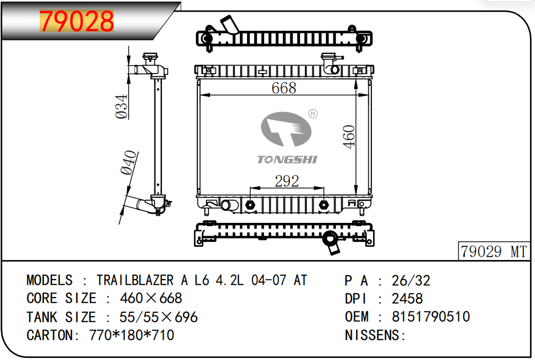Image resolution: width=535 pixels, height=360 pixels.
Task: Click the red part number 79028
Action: (x=77, y=21)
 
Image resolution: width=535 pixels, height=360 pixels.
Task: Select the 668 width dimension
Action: (x=284, y=88)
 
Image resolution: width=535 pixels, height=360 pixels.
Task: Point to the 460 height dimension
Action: (x=349, y=137)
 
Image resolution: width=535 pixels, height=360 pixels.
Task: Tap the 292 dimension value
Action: (x=287, y=181)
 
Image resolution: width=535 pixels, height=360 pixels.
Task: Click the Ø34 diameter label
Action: (x=122, y=106)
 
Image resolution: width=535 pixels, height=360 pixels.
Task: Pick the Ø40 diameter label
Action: (x=129, y=163)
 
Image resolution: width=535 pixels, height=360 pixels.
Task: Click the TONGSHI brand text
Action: (x=287, y=159)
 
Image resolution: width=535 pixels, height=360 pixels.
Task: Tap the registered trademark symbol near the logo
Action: (x=312, y=114)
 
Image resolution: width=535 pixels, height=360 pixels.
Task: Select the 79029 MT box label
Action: (x=494, y=251)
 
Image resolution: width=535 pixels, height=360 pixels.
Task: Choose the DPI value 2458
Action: (x=407, y=299)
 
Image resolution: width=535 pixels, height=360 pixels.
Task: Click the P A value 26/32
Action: (x=411, y=280)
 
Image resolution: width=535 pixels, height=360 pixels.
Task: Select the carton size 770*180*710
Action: (x=132, y=335)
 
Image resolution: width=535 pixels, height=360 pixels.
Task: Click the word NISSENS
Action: (x=373, y=335)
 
